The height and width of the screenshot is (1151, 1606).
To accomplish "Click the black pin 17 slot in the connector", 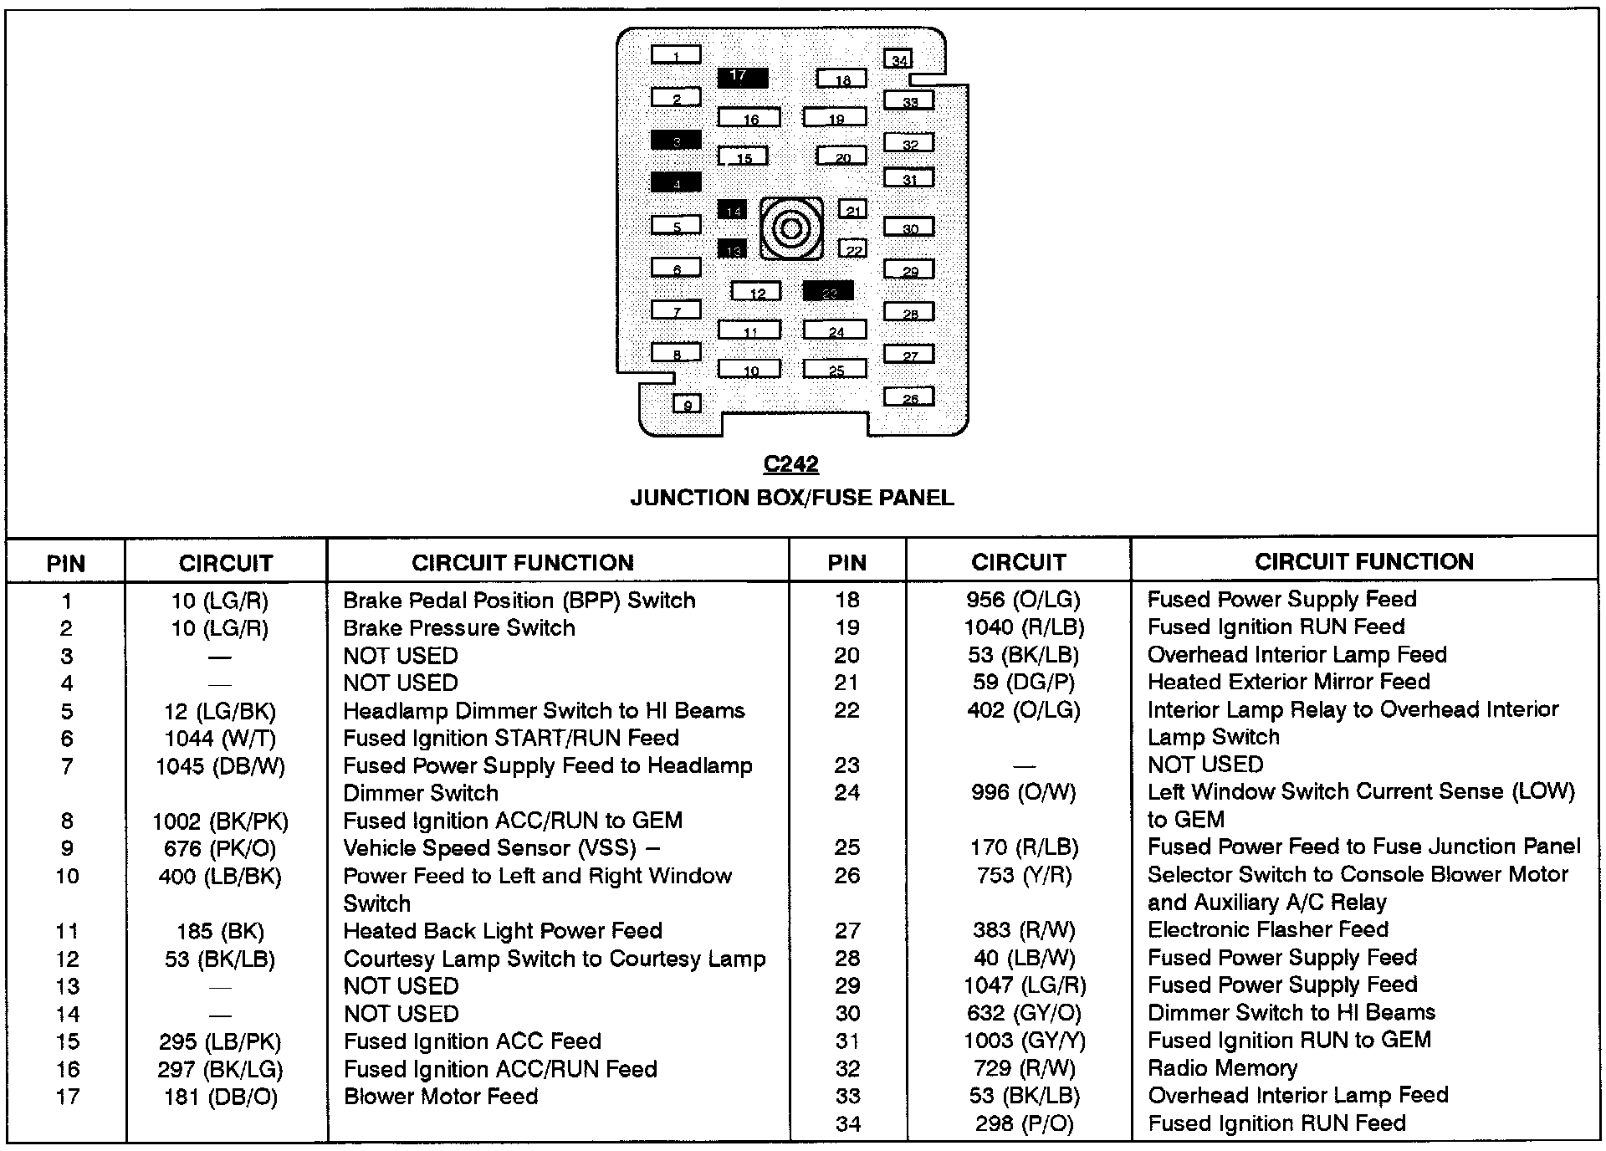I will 742,77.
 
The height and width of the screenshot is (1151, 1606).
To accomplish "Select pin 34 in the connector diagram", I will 898,59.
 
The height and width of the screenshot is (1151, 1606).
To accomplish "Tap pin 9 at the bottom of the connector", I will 687,404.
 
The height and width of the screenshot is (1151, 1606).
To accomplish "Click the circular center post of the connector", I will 790,228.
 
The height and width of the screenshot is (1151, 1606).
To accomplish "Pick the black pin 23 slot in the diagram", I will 828,290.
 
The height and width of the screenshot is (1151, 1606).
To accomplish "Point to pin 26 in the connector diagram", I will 909,396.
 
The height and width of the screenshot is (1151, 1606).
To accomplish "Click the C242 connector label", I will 790,463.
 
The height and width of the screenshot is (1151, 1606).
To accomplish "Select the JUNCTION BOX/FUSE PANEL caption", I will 791,498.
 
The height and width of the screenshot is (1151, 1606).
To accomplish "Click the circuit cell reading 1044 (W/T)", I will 220,738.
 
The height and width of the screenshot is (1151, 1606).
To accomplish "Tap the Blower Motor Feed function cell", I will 441,1096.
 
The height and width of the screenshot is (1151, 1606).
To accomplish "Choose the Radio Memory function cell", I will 1222,1068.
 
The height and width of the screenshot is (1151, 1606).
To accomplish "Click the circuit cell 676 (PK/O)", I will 220,848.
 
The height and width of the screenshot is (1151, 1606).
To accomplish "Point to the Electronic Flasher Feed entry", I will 1268,929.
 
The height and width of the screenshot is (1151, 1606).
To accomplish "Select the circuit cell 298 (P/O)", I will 1024,1123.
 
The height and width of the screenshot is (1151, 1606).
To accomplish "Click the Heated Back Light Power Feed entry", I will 503,930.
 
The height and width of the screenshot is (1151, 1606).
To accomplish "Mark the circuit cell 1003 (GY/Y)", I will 1024,1041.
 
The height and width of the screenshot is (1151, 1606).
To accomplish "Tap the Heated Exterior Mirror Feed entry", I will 1289,682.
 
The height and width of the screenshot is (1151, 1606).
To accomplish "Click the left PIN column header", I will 66,563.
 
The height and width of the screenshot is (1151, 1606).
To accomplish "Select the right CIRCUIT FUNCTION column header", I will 1363,561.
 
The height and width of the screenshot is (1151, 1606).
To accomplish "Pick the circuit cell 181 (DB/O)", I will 220,1097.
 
